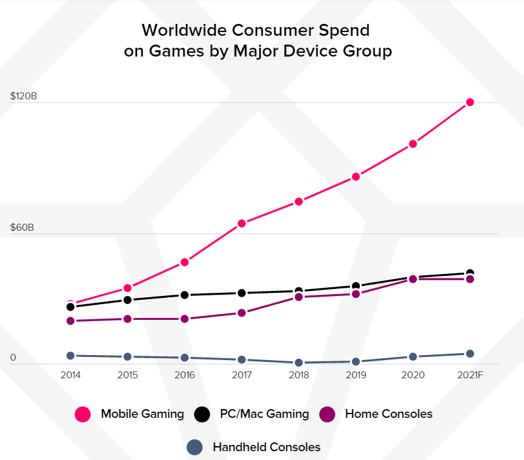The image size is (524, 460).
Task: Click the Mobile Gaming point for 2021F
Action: coord(469,102)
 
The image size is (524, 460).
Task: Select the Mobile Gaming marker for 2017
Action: coord(241,224)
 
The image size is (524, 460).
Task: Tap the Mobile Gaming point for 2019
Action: coord(356,177)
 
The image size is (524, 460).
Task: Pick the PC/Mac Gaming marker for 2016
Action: coord(185,295)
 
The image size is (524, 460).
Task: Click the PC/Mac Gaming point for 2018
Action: coord(298,291)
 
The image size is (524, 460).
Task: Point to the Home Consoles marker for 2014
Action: coord(70,321)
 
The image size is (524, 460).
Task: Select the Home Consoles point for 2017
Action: coord(241,313)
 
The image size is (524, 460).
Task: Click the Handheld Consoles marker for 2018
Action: coord(298,363)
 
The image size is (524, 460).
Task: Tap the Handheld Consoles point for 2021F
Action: coord(469,354)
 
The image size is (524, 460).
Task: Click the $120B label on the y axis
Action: coord(23,96)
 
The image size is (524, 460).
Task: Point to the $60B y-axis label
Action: coord(21,227)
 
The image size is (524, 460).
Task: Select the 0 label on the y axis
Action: coord(13,358)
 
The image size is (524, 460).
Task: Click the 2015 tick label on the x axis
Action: coord(128,375)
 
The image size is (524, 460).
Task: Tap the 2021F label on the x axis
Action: coord(469,375)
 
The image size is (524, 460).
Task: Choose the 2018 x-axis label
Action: coord(298,375)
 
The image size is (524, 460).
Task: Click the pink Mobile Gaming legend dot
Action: coord(83,414)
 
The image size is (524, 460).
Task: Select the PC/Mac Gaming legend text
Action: coord(264,414)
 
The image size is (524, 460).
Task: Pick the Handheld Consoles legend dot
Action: coord(195,447)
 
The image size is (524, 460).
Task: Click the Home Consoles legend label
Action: coord(389,414)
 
